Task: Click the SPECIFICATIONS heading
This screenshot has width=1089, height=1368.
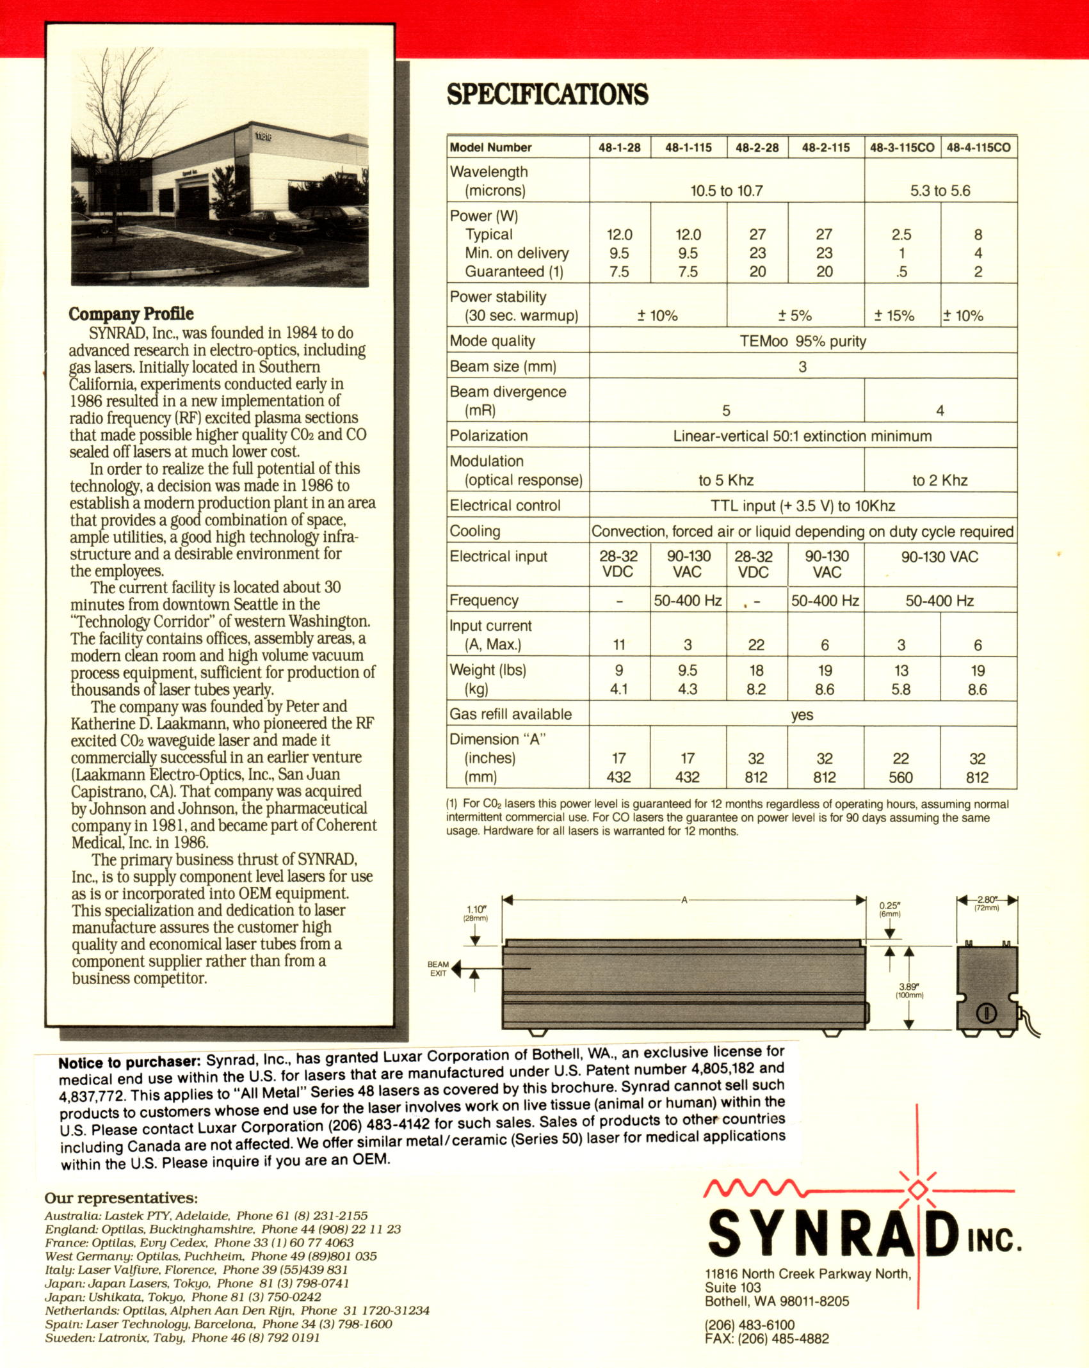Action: [x=547, y=94]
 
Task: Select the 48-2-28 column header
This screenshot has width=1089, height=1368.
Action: [x=757, y=148]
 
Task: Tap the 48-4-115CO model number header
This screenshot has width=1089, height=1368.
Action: [x=978, y=148]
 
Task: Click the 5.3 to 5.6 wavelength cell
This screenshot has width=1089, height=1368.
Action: [x=940, y=191]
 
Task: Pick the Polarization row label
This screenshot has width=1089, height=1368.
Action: [x=488, y=436]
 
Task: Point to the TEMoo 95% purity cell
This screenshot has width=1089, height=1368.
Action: [x=802, y=341]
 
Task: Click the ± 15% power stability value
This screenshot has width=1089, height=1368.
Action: [x=894, y=315]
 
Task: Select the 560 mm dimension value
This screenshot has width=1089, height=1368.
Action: [x=901, y=777]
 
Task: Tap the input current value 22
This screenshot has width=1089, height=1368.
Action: [x=756, y=645]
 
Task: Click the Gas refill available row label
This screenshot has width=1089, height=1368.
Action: [x=510, y=714]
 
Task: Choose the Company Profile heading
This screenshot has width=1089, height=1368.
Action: [x=131, y=314]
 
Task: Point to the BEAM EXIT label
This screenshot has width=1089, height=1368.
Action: [x=438, y=969]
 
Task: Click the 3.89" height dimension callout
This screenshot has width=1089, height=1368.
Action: [x=909, y=990]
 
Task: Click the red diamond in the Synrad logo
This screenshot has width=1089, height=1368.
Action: [x=917, y=1188]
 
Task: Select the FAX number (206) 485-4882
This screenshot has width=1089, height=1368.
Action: [x=766, y=1339]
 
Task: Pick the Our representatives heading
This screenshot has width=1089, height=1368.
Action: [x=121, y=1198]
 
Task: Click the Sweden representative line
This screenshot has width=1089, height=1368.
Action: [x=182, y=1338]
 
